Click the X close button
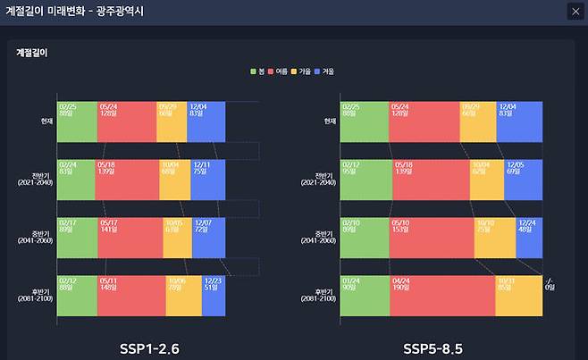574,12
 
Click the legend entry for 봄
258,71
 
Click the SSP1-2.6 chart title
150,348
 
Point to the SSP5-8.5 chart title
433,348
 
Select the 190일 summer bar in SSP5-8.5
441,296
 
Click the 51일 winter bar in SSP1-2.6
214,296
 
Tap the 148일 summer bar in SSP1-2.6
131,296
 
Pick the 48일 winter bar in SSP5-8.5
529,238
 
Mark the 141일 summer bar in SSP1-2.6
130,238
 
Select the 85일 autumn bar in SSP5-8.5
518,296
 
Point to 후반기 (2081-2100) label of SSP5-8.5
318,296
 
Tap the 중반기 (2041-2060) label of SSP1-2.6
37,238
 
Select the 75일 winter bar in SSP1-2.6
207,180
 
